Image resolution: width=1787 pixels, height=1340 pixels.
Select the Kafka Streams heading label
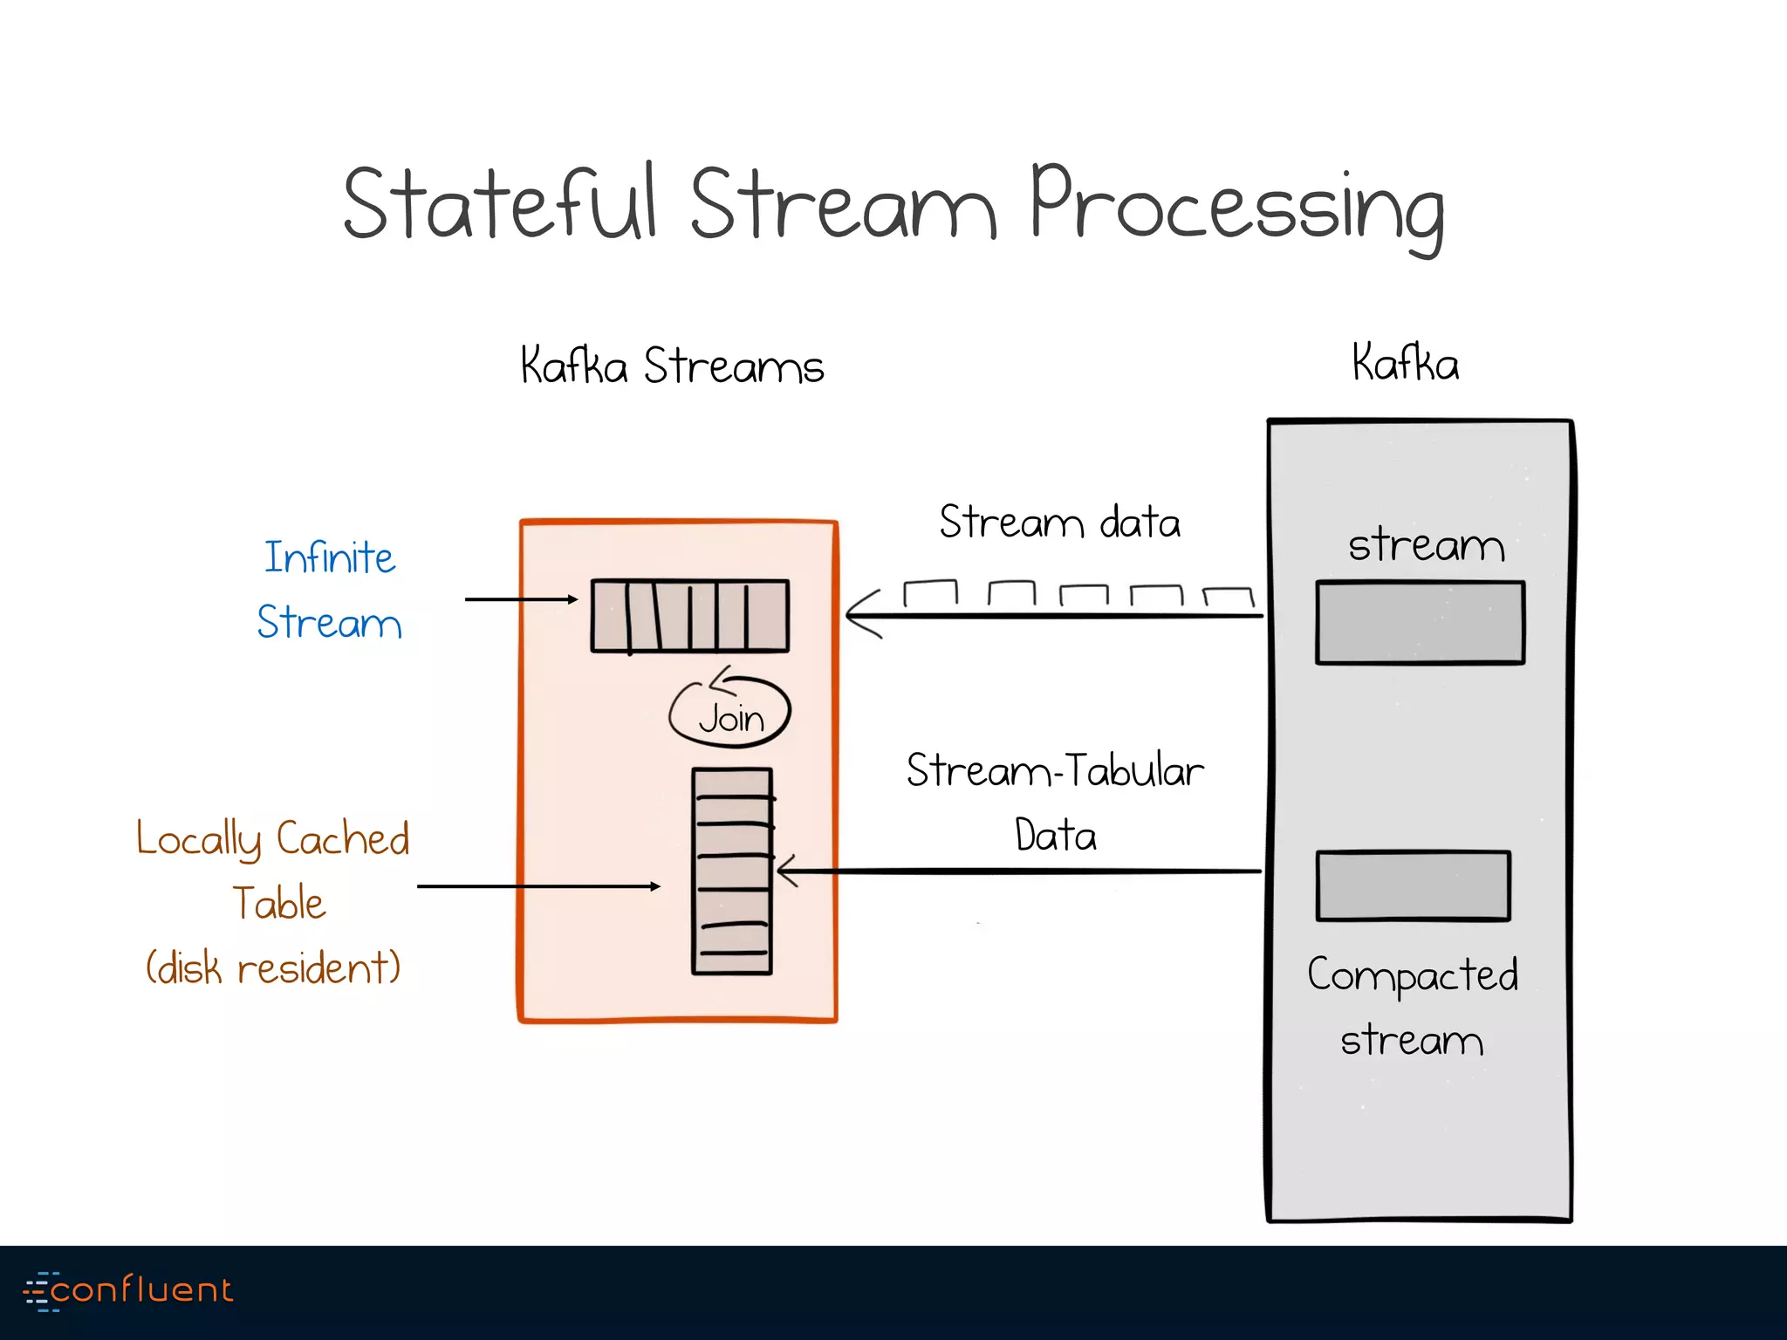point(672,366)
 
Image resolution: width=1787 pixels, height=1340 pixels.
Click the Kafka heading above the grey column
point(1405,363)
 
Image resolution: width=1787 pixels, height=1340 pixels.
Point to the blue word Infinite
point(329,558)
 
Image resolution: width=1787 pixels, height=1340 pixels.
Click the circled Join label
point(730,717)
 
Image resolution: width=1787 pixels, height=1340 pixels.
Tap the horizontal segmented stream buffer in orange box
point(689,616)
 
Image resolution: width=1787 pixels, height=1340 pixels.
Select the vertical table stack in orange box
point(732,871)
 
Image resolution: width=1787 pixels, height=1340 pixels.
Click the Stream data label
point(1059,523)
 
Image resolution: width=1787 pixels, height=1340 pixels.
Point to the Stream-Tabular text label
point(1055,771)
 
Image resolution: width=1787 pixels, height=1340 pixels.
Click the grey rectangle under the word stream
point(1420,623)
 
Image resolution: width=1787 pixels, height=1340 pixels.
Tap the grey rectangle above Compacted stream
point(1413,885)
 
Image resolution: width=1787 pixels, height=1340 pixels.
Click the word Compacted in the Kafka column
point(1413,975)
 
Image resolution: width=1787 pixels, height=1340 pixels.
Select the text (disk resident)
point(273,967)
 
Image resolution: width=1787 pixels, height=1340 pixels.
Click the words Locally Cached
point(273,839)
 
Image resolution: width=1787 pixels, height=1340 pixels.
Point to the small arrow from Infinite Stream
point(521,599)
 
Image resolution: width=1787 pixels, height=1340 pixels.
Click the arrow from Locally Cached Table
point(538,886)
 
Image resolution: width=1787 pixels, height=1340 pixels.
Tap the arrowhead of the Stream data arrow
point(859,615)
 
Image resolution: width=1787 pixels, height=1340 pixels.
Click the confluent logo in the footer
point(129,1290)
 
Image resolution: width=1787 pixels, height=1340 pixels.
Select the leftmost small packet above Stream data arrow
point(930,592)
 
